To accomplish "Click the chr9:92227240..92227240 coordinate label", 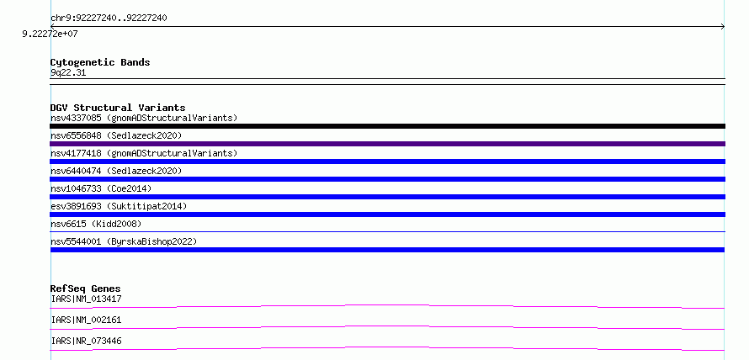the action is tap(109, 19).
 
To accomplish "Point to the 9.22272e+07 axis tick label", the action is tap(50, 34).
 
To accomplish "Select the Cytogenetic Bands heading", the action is tap(100, 62).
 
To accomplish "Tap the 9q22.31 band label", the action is tap(68, 73).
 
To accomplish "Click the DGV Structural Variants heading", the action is tap(118, 108).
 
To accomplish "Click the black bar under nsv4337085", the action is tap(387, 126).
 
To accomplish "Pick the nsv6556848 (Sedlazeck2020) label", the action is tap(116, 135).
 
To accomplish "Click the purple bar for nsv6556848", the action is tap(387, 144).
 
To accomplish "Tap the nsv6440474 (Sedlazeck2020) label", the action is tap(116, 171).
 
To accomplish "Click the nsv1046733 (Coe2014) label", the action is tap(101, 188).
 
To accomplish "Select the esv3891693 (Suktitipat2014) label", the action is tap(119, 206).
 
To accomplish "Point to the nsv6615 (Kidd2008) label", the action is tap(96, 224).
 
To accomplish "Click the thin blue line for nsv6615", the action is tap(387, 232).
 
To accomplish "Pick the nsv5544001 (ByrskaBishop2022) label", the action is tap(124, 241).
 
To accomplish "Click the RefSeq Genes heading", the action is tap(86, 289).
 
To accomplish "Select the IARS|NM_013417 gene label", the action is tap(86, 299).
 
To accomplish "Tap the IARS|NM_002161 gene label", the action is tap(86, 320).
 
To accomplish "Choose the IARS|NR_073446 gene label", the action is tap(86, 341).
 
